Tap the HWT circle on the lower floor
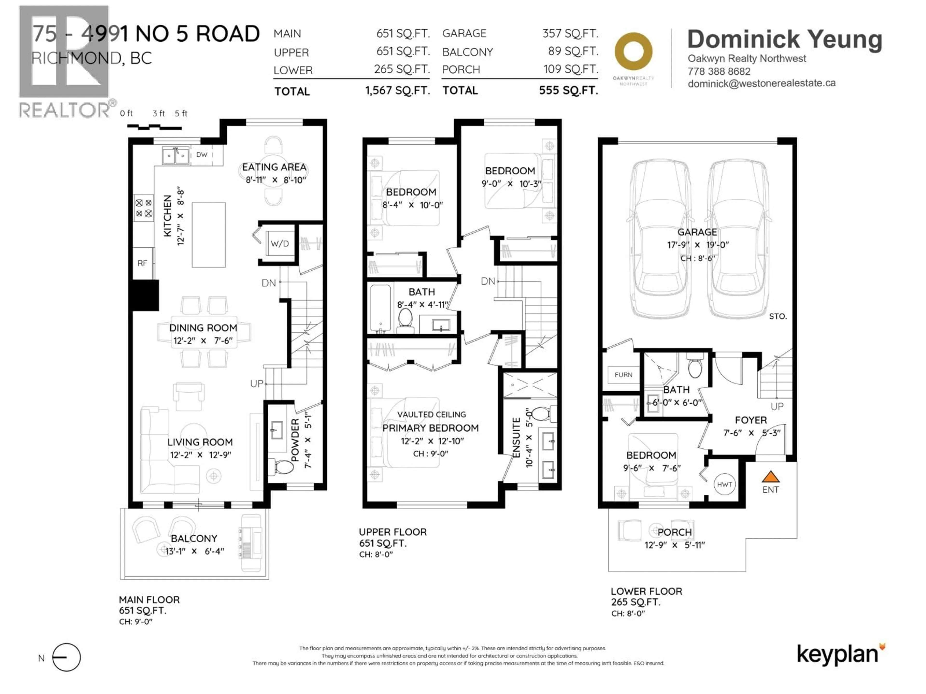click(724, 484)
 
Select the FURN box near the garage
click(623, 375)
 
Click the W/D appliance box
click(280, 243)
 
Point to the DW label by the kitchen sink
click(202, 154)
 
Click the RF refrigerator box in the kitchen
click(142, 263)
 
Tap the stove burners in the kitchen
click(143, 208)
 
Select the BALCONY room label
click(194, 538)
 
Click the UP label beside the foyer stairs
click(777, 406)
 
